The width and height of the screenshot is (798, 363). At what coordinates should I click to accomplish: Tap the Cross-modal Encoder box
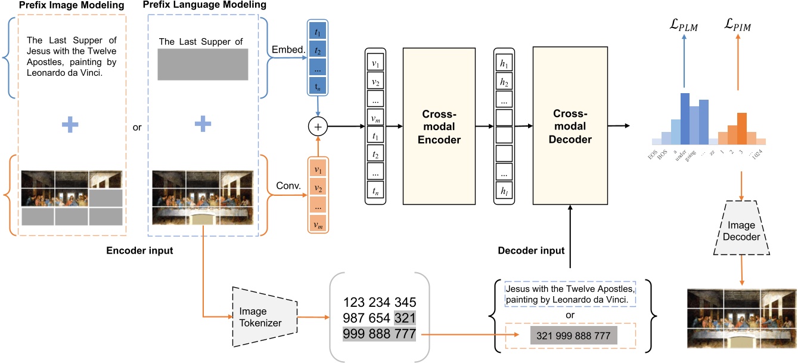[442, 127]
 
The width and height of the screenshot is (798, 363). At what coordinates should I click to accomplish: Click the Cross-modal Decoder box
[571, 127]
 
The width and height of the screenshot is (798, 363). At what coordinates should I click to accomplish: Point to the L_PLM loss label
[684, 26]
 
